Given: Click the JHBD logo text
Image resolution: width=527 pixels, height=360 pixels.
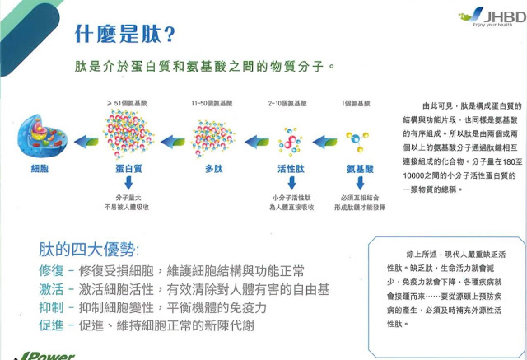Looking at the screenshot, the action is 501,15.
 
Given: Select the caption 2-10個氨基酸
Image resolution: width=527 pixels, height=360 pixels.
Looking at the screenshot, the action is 287,104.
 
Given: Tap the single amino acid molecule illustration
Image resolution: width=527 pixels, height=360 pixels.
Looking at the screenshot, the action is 357,134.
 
